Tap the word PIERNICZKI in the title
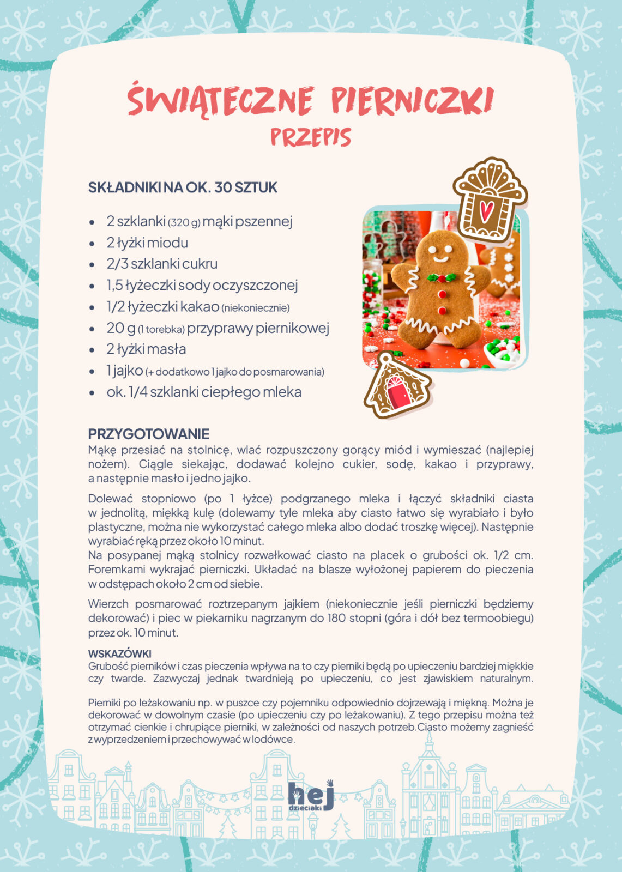412,100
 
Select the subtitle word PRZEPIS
311,137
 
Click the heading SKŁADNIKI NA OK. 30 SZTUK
183,187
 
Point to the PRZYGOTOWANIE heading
149,434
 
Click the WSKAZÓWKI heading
120,653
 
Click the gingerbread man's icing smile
440,257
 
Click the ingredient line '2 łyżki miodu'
147,243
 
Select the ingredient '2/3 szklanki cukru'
162,264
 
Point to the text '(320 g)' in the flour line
184,222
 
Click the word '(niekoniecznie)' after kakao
256,308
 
